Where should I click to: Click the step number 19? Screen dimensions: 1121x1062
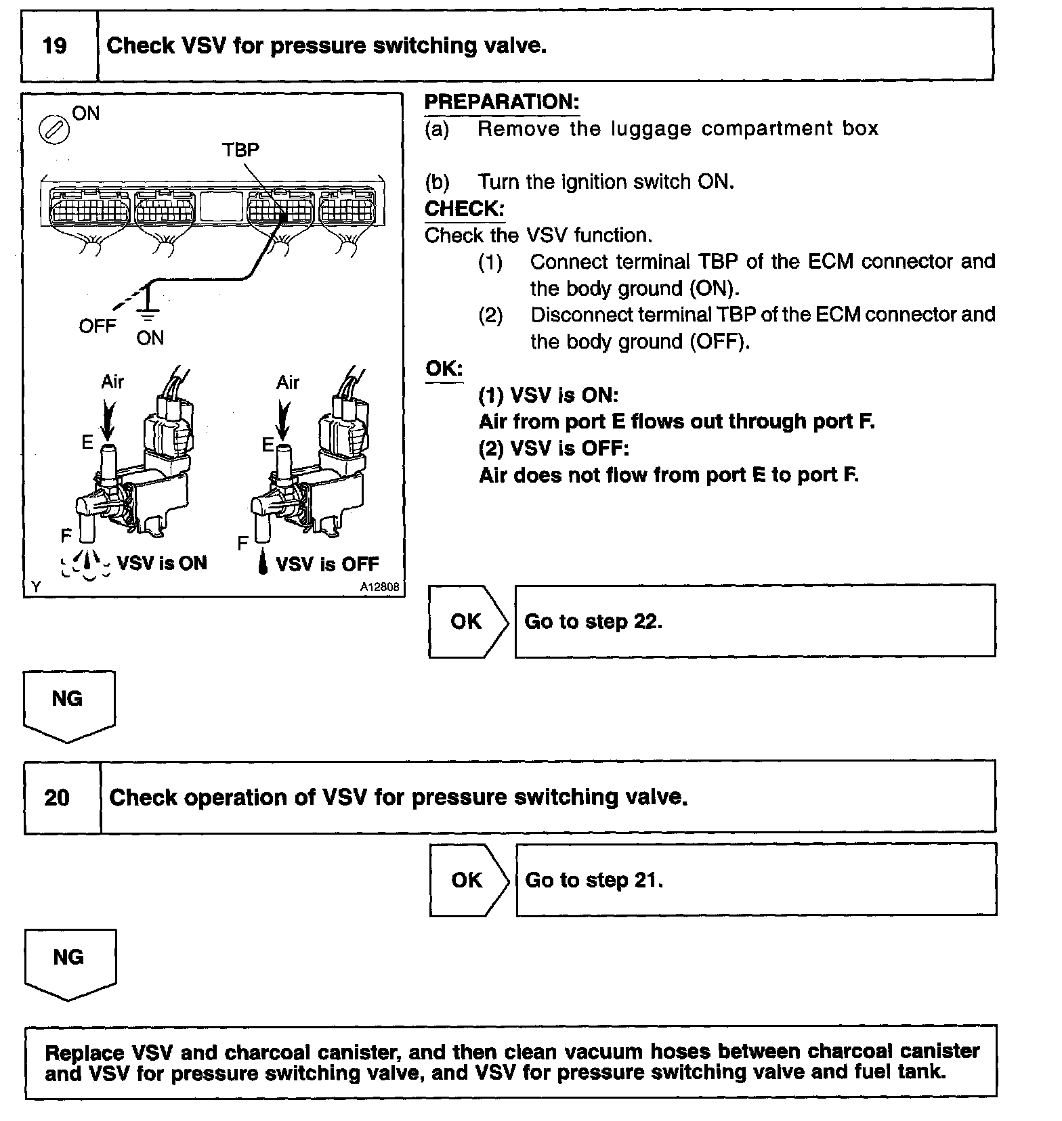[55, 46]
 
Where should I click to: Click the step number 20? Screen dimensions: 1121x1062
[57, 797]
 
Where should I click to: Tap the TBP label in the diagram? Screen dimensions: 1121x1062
[240, 150]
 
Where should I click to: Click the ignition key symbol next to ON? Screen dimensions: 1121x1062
[56, 129]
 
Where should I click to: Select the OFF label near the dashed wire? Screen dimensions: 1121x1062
[98, 326]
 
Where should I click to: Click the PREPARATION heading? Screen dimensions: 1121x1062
[502, 102]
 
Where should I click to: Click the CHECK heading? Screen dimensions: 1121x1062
[465, 208]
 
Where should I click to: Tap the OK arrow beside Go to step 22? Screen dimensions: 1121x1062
[467, 621]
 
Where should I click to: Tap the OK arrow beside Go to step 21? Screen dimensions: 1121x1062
[469, 880]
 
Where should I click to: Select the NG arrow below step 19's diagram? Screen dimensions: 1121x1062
[68, 705]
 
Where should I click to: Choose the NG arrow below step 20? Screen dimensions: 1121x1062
[70, 963]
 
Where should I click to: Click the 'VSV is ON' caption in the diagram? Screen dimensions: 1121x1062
[162, 563]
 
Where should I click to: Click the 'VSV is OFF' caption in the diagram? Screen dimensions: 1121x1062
[327, 564]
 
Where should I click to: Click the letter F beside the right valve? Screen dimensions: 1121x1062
[242, 543]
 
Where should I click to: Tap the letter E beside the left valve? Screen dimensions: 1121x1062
[87, 443]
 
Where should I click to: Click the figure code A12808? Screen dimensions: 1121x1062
[379, 588]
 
